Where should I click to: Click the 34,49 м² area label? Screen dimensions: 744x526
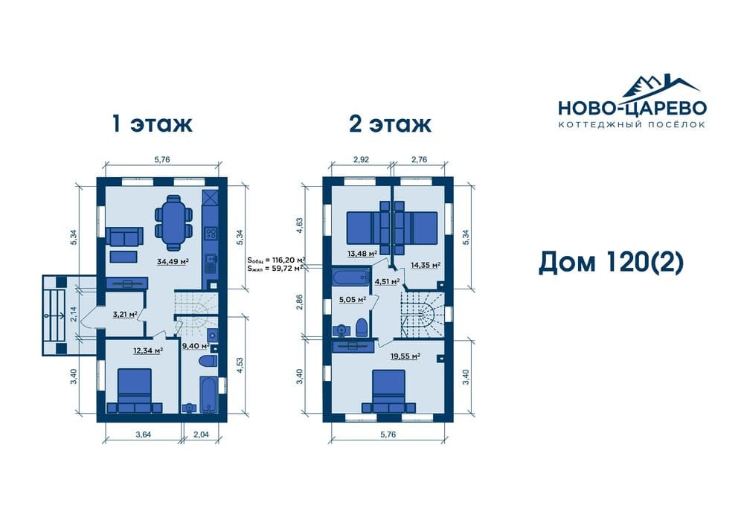[x=173, y=261]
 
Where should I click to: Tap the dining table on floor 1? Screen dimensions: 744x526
[x=173, y=222]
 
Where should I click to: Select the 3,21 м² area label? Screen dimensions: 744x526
[x=125, y=313]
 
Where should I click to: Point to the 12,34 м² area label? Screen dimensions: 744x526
[x=148, y=350]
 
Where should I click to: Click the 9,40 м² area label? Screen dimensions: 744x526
[x=196, y=346]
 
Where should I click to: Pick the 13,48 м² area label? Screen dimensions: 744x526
[x=362, y=253]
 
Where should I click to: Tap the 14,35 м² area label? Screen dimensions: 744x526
[x=425, y=265]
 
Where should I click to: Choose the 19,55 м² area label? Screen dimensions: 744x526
[x=405, y=356]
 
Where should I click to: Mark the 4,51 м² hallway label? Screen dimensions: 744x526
[x=387, y=281]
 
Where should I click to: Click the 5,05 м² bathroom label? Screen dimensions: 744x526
[x=352, y=299]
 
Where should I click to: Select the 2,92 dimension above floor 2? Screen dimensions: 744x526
[x=361, y=159]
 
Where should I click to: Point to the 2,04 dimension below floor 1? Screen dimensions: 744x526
[x=201, y=434]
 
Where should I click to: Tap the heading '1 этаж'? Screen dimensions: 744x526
[x=153, y=124]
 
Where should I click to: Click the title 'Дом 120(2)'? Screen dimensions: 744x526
[x=611, y=263]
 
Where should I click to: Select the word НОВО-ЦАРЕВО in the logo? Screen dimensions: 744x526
[x=632, y=108]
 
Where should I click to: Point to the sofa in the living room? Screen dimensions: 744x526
[x=124, y=236]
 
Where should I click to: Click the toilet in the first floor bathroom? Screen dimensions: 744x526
[x=208, y=361]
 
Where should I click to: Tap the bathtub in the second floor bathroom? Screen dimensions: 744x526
[x=350, y=277]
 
